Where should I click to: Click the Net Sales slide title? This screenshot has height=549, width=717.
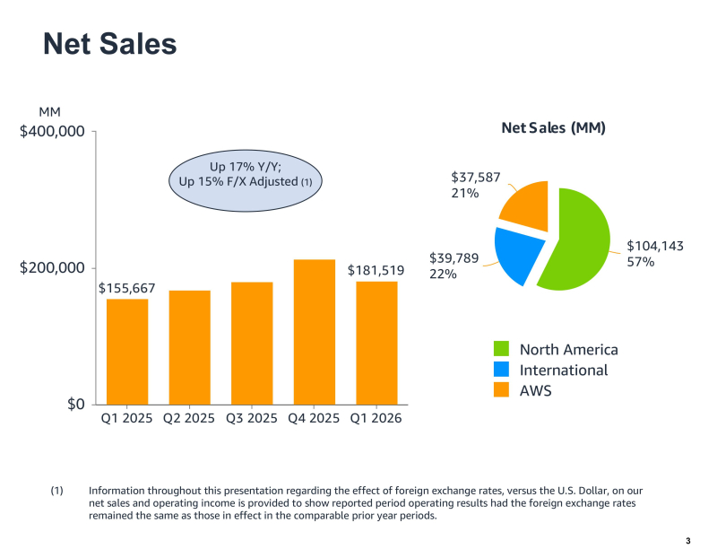(110, 43)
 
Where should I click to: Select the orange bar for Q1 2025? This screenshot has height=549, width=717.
(127, 351)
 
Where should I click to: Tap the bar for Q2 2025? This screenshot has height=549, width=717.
(189, 347)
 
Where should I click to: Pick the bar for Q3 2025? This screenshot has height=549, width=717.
(252, 343)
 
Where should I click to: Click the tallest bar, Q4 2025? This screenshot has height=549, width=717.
(314, 332)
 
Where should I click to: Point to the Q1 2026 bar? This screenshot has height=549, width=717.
(376, 343)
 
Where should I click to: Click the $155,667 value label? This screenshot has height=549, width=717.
(127, 288)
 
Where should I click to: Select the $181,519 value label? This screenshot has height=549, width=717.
(376, 270)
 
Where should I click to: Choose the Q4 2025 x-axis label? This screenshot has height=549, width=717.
(314, 419)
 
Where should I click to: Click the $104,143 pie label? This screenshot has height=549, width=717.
(654, 245)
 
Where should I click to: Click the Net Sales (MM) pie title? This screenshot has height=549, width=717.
(553, 128)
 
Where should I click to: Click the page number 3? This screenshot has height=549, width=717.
(687, 540)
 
